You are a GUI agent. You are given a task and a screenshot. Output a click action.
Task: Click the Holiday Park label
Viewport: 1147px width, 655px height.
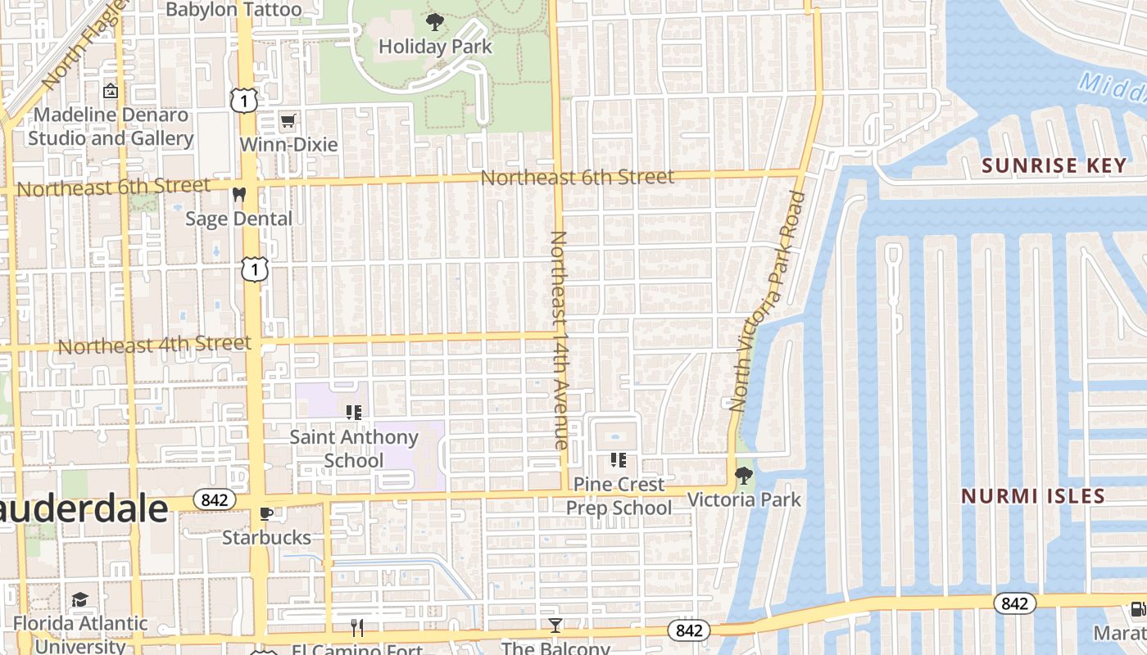tap(435, 47)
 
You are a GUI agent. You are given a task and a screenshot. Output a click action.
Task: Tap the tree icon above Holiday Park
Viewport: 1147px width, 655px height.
tap(435, 22)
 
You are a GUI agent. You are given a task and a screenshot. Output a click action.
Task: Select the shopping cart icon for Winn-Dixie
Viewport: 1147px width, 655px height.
tap(288, 122)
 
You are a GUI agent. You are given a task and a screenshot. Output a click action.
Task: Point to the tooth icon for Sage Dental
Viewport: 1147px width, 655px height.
tap(239, 195)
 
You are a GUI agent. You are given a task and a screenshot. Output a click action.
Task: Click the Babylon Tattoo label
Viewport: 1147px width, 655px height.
tap(233, 10)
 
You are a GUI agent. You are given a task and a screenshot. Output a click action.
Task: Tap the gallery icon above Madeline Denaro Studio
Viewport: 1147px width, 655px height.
tap(111, 91)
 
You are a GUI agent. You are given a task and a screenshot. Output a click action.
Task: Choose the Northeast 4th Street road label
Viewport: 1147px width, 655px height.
tap(154, 345)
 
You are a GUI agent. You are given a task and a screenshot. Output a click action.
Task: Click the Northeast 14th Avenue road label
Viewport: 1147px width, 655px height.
tap(560, 339)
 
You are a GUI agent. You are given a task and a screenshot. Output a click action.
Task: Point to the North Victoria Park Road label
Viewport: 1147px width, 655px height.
tap(768, 301)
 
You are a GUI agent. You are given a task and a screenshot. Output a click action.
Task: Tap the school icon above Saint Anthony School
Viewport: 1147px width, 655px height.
tap(354, 413)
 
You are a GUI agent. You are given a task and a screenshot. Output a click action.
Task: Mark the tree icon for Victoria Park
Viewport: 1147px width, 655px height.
tap(743, 475)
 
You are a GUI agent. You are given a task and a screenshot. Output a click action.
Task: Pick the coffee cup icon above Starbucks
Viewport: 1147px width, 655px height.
tap(266, 513)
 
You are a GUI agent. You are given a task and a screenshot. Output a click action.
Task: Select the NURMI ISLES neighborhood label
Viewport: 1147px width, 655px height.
tap(1033, 496)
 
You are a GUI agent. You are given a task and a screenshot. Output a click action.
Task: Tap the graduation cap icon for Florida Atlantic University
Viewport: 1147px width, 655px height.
tap(79, 600)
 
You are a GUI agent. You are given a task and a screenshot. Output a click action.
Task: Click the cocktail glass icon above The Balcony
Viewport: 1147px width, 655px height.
tap(555, 626)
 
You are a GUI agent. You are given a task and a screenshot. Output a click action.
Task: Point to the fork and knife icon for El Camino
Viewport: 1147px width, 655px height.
tap(357, 628)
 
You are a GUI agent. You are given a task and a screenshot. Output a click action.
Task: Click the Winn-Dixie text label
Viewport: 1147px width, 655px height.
tap(288, 145)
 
